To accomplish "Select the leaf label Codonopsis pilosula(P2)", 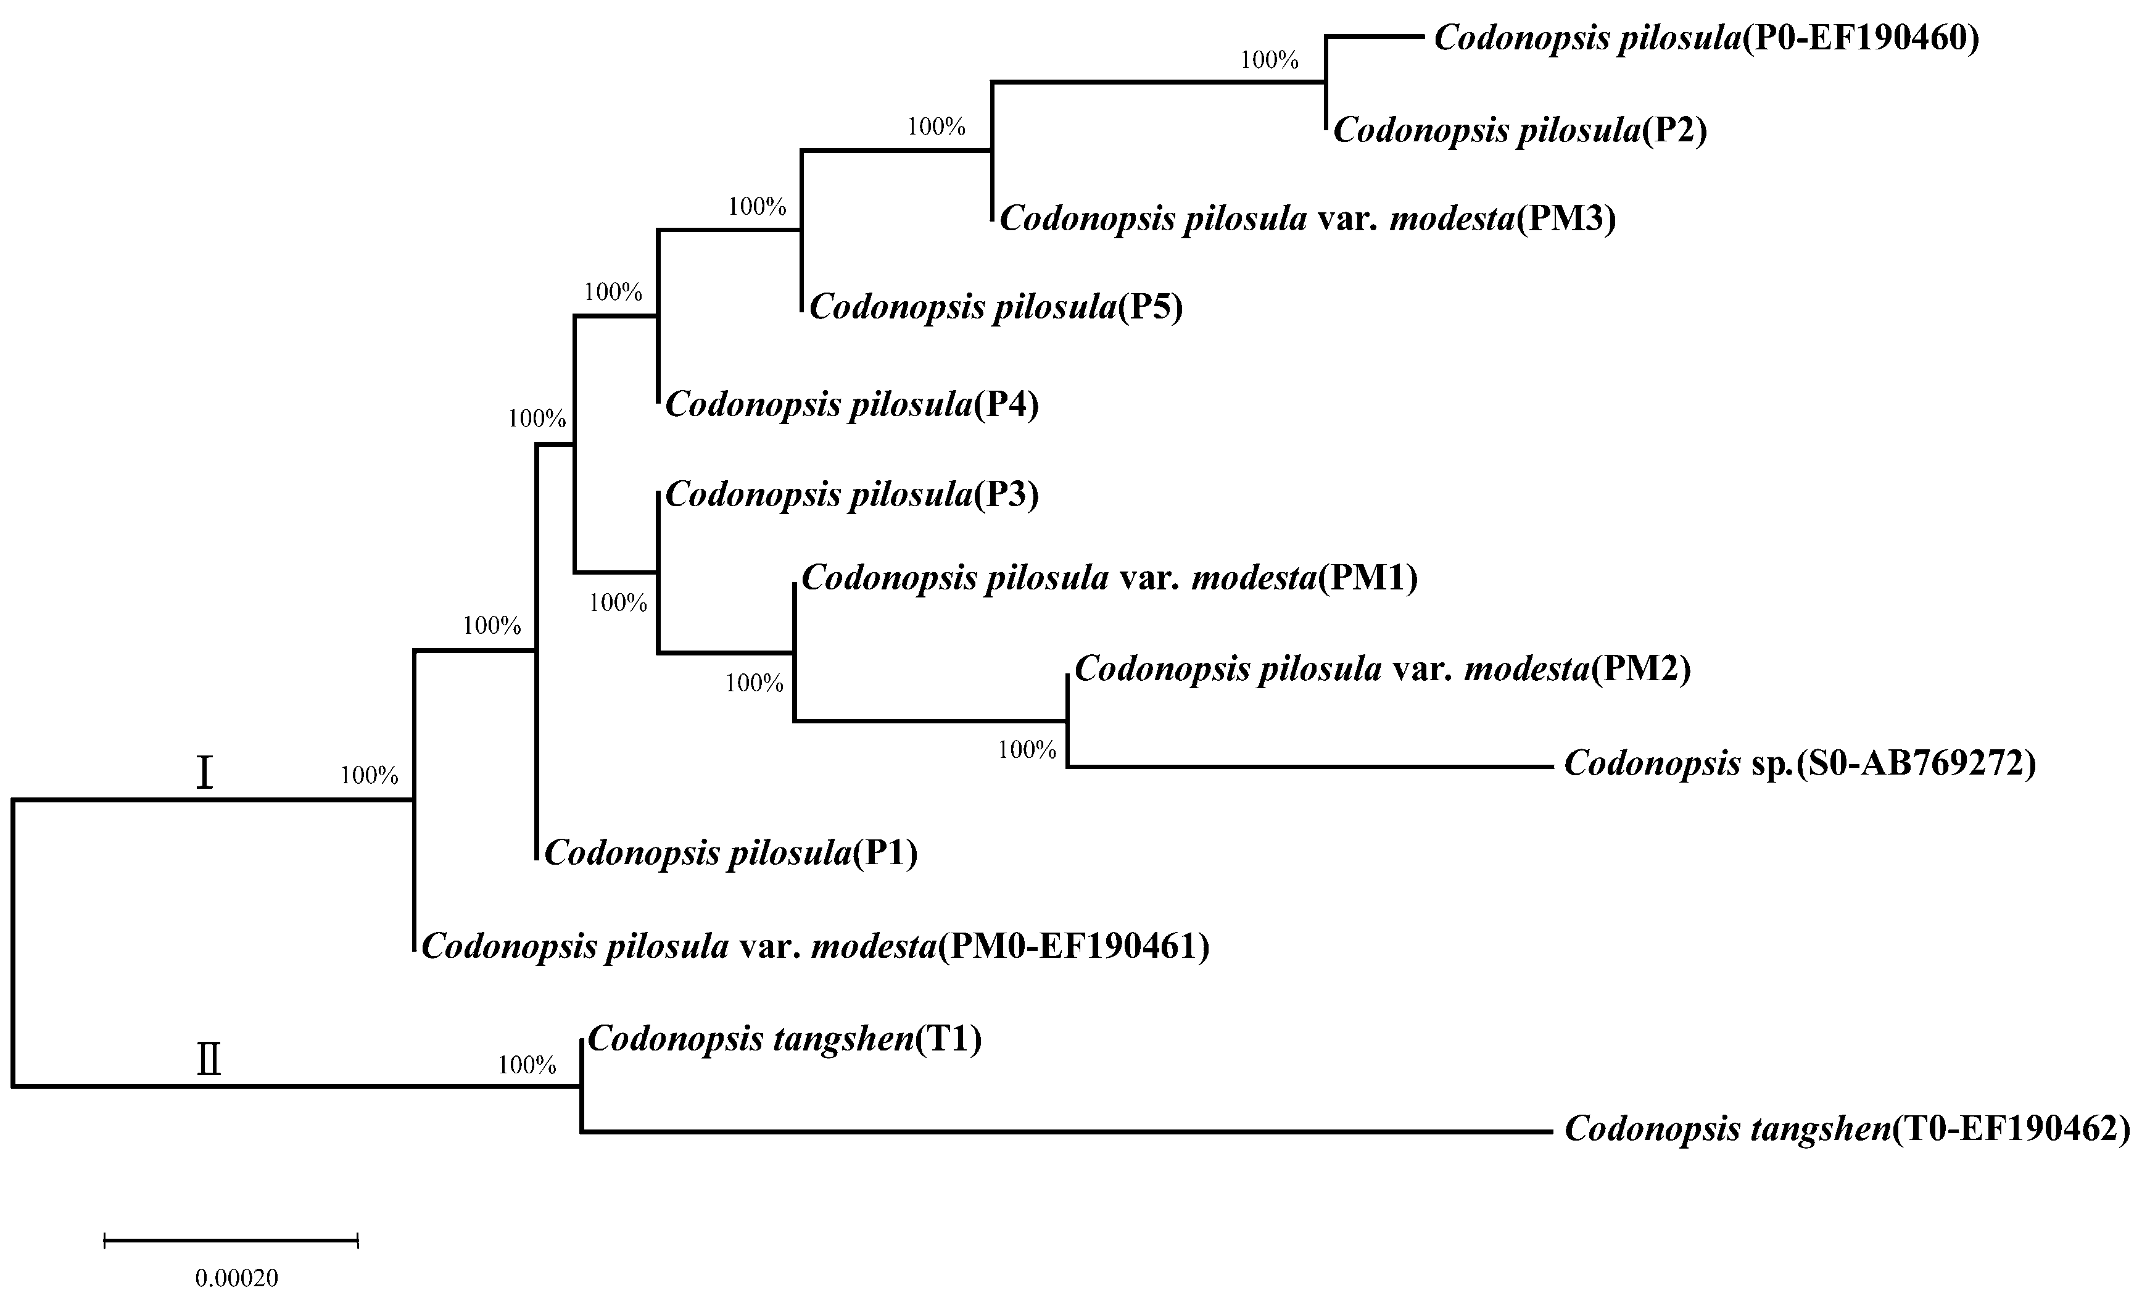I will [x=1520, y=130].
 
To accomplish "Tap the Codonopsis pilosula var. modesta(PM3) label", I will [x=1307, y=219].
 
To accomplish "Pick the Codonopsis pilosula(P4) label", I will [x=852, y=405].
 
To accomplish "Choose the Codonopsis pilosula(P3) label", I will [x=852, y=496].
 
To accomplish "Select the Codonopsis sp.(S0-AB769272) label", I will [x=1800, y=764].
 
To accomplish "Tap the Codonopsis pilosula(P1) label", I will [x=730, y=854].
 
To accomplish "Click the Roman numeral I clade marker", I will [x=204, y=773].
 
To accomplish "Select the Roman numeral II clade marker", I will [x=209, y=1060].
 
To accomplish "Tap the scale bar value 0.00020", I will [x=236, y=1278].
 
